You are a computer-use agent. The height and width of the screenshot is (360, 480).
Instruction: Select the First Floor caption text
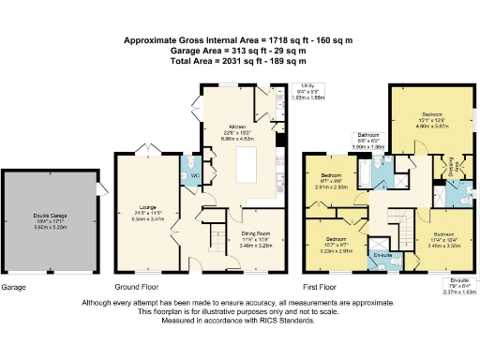(320, 286)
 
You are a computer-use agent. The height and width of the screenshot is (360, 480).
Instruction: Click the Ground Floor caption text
(136, 286)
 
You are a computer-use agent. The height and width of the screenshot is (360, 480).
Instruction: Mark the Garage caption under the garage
(14, 286)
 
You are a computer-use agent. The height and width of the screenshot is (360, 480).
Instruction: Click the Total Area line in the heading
(241, 61)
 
